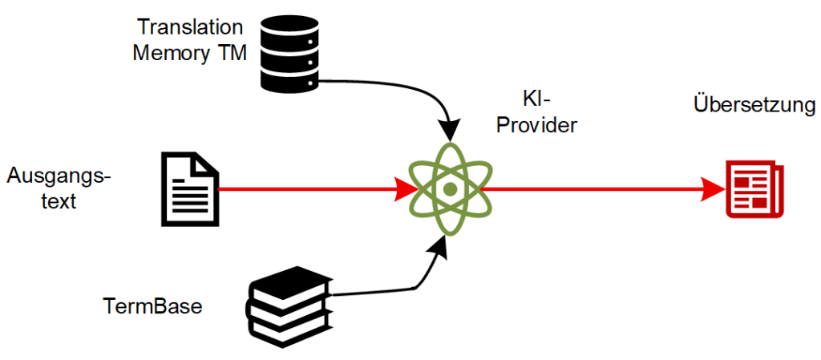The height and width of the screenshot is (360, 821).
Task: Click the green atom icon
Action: (x=451, y=189)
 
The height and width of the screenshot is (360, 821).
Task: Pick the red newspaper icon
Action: (x=754, y=189)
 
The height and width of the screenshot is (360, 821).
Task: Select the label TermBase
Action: (x=152, y=305)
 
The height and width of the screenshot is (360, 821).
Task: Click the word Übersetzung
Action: (x=753, y=106)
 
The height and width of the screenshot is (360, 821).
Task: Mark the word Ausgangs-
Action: (x=58, y=175)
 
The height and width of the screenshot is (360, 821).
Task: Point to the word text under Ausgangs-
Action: (x=58, y=200)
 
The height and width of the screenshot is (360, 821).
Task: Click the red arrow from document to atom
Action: (x=313, y=190)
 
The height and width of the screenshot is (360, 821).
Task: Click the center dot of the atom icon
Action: (x=451, y=190)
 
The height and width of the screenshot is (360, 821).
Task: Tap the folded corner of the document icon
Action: (x=208, y=162)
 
